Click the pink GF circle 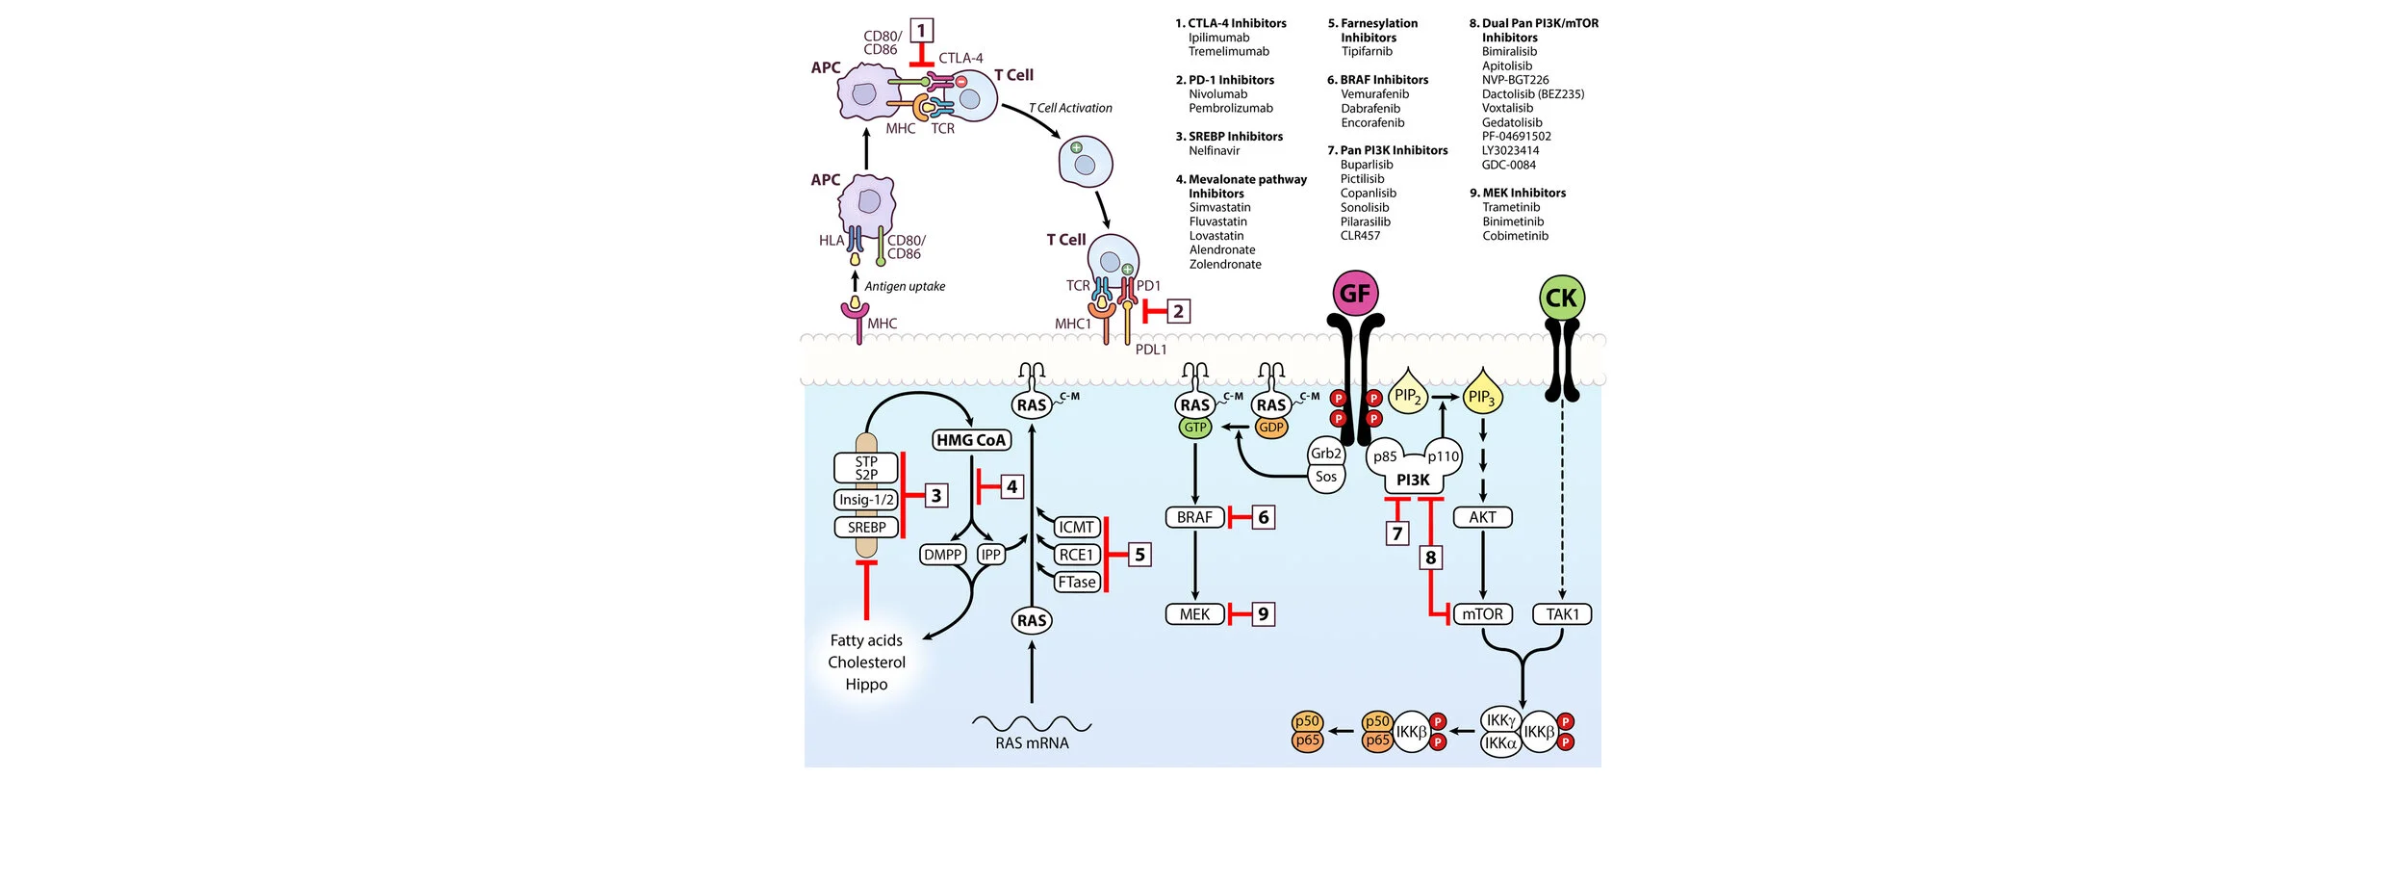[x=1355, y=294]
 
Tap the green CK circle [x=1561, y=299]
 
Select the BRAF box [x=1194, y=517]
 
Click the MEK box [x=1194, y=614]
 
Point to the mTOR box [x=1482, y=614]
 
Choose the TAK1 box [x=1562, y=614]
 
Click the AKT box [x=1482, y=517]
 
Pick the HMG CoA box [x=971, y=440]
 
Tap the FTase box [x=1076, y=582]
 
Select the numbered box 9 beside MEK [x=1264, y=614]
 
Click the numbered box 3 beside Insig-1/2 [x=935, y=496]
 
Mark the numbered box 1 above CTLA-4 [x=922, y=31]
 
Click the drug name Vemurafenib [x=1374, y=94]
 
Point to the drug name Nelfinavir [x=1214, y=151]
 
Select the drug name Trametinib [x=1511, y=207]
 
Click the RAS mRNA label [x=1032, y=742]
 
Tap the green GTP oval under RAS [x=1195, y=428]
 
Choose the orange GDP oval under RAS [x=1271, y=428]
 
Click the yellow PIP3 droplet [x=1481, y=395]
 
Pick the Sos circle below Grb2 [x=1326, y=477]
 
